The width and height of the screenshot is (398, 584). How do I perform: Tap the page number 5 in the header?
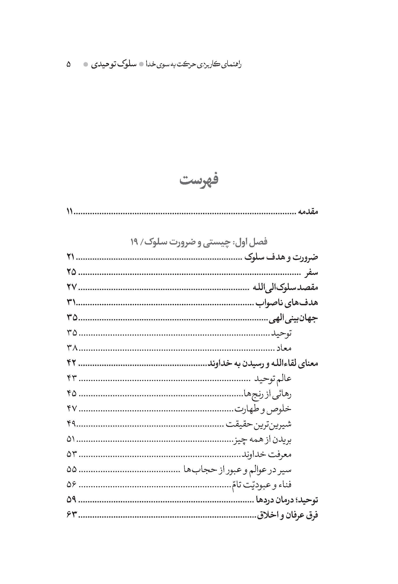tap(69, 64)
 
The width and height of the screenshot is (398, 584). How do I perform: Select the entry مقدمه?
tap(308, 212)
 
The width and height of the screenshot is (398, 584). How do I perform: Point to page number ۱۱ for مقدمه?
tap(70, 212)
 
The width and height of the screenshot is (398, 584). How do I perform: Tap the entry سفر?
tap(311, 272)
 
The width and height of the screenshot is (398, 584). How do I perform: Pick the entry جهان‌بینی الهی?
tap(293, 318)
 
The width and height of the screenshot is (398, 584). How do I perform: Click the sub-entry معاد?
tap(284, 348)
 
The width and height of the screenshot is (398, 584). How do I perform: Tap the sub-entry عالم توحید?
tap(273, 379)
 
